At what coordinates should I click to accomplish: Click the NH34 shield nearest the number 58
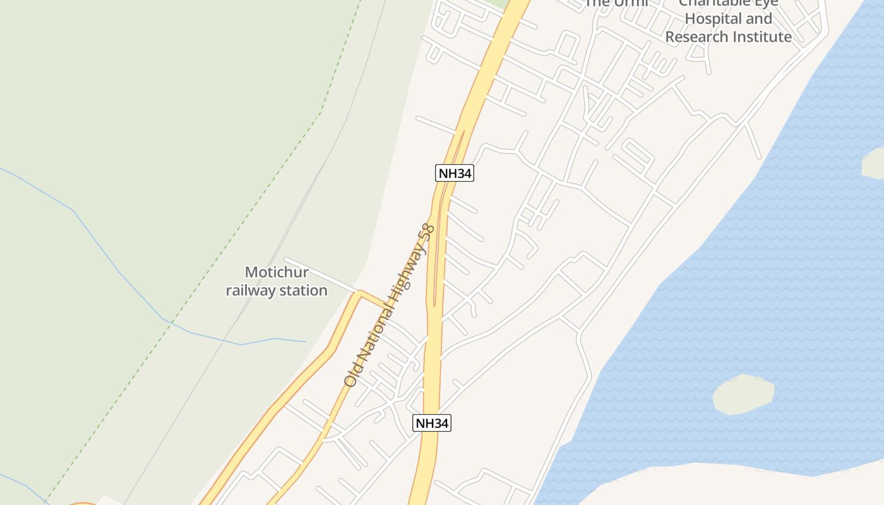pos(454,173)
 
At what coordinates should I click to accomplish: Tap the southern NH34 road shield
pos(432,423)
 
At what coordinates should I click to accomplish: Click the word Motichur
pos(277,273)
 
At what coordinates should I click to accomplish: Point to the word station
pos(303,290)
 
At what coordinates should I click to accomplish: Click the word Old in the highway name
pos(352,375)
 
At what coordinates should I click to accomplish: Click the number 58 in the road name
pos(427,232)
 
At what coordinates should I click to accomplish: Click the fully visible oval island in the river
pos(743,395)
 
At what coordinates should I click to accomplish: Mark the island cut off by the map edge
pos(874,163)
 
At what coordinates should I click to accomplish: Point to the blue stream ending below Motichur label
pos(240,344)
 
